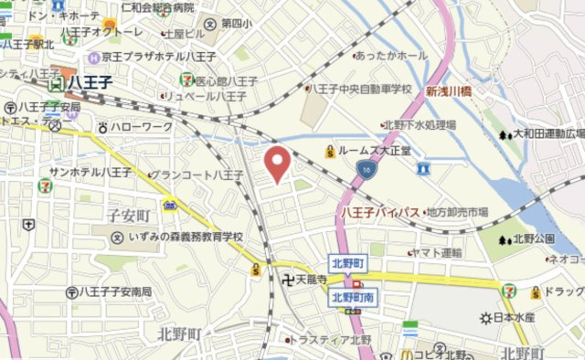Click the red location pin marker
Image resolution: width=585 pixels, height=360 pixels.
(278, 163)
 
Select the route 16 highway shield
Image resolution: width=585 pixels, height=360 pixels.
(366, 169)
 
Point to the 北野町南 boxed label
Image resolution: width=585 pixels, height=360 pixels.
(352, 296)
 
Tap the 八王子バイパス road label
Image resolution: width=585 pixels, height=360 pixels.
(378, 212)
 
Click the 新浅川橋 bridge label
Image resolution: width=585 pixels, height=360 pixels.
(449, 92)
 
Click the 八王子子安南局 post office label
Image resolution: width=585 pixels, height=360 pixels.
(114, 292)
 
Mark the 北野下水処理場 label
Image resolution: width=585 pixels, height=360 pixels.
(422, 125)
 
